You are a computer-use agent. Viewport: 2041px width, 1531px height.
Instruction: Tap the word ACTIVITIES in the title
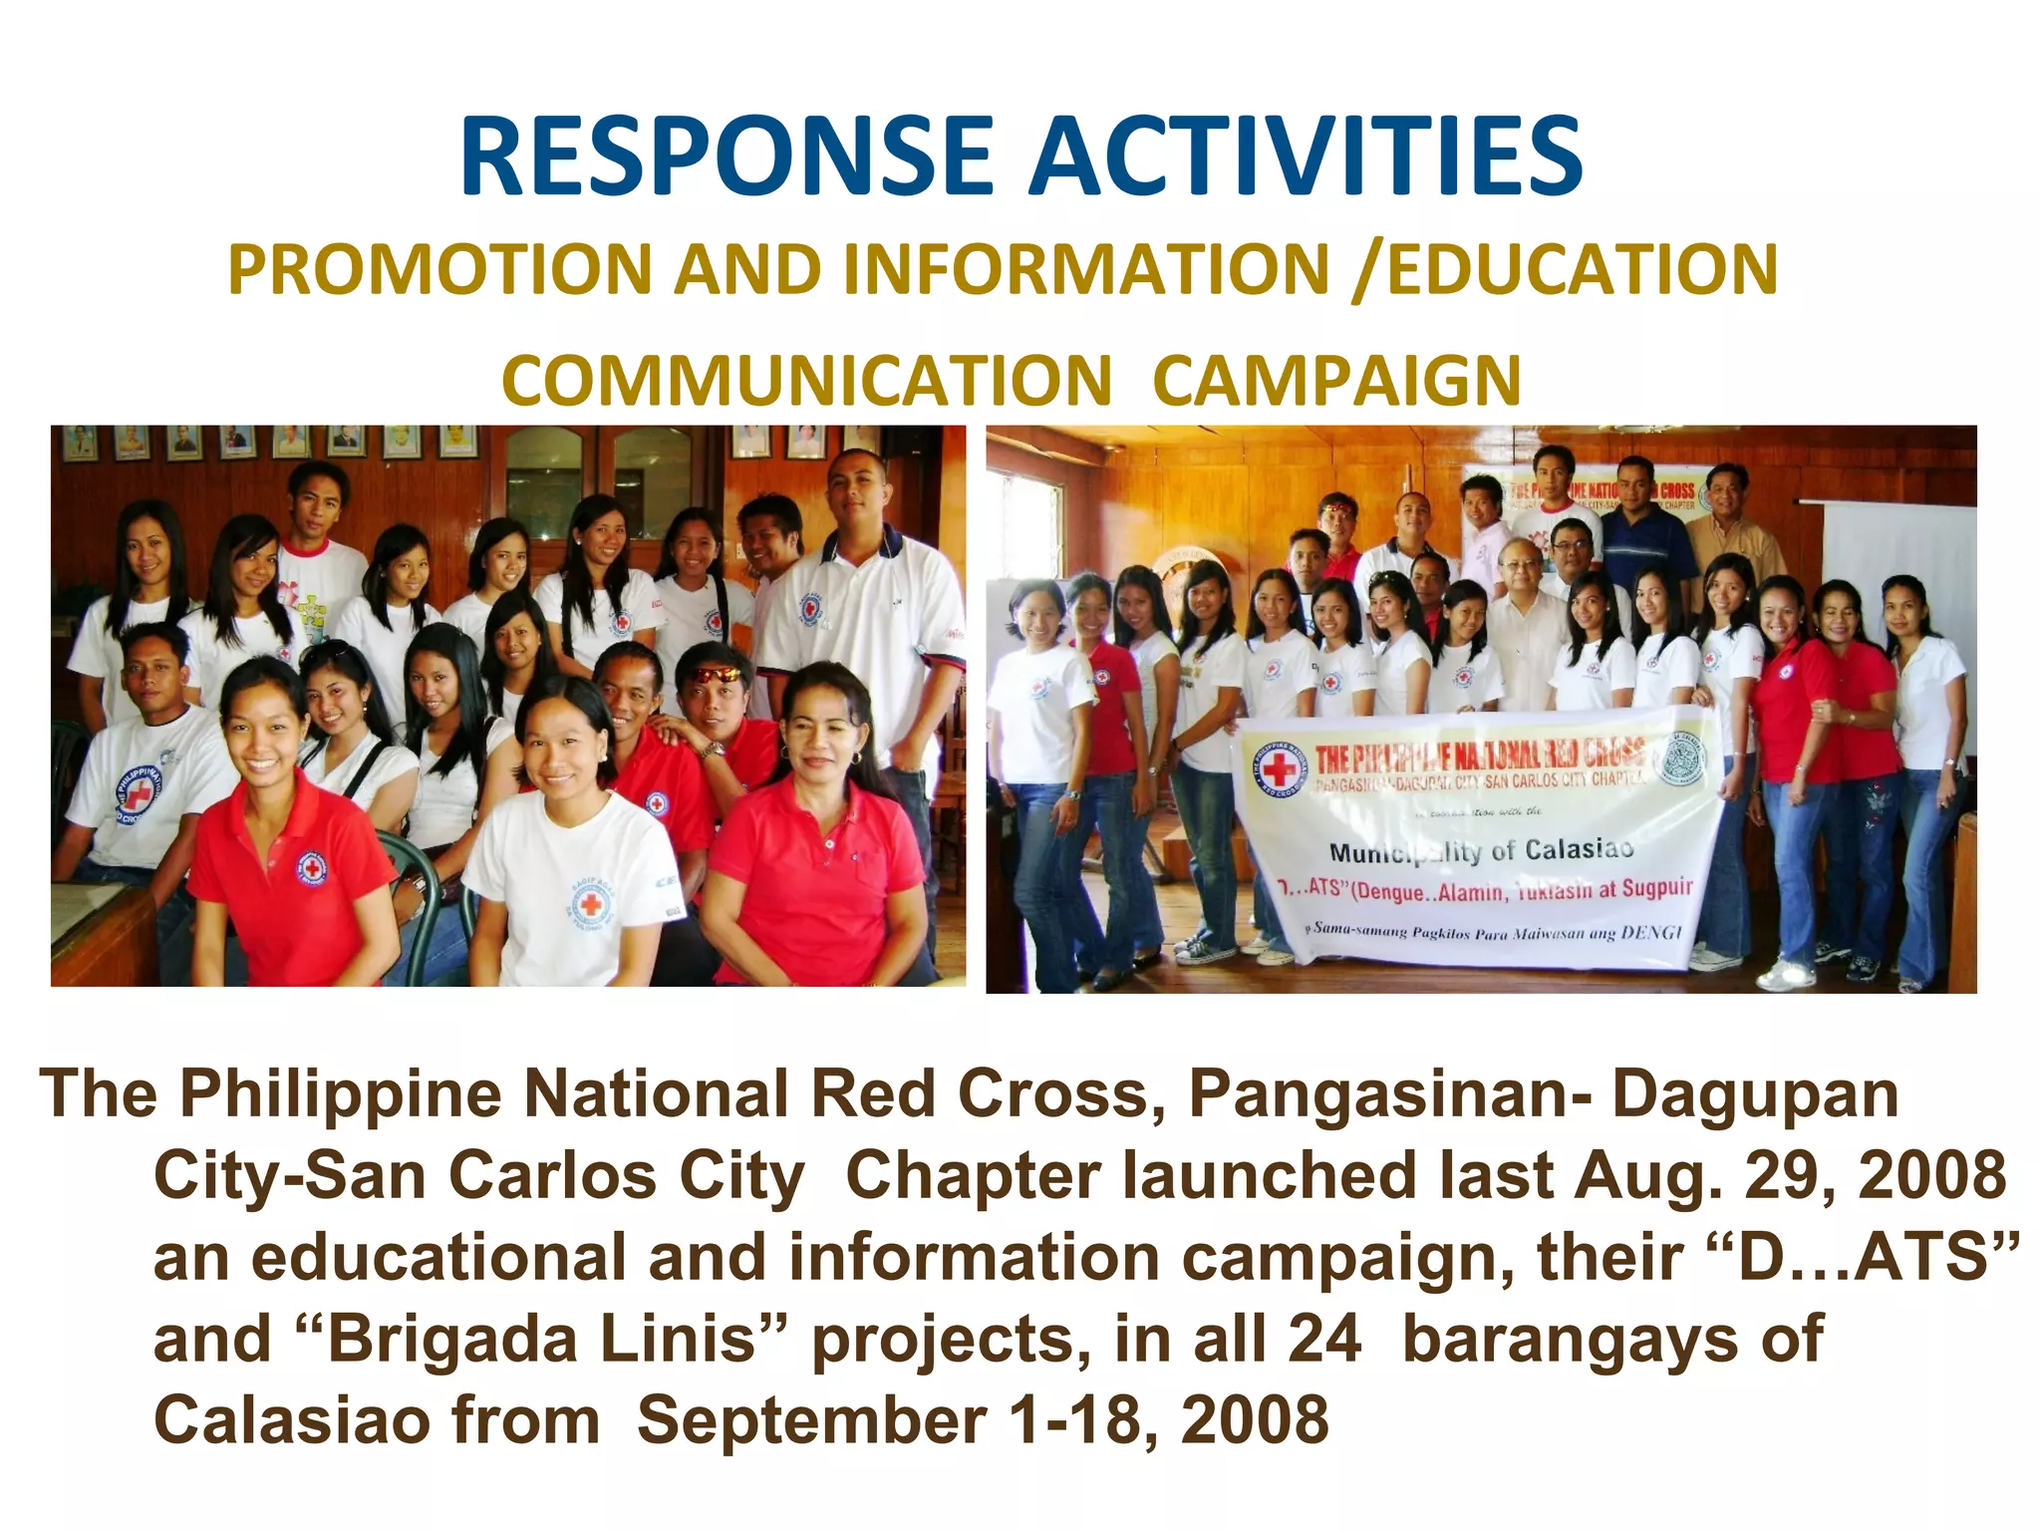pyautogui.click(x=1306, y=157)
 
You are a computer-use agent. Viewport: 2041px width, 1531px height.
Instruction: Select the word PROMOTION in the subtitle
pyautogui.click(x=439, y=270)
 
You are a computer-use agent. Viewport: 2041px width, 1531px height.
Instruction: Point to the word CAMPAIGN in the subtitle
pyautogui.click(x=1336, y=381)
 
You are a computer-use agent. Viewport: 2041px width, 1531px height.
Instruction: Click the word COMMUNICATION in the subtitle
pyautogui.click(x=806, y=381)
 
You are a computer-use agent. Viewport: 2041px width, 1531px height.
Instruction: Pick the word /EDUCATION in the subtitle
pyautogui.click(x=1565, y=270)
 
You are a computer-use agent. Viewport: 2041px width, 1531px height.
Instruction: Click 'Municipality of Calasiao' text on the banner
pyautogui.click(x=1481, y=850)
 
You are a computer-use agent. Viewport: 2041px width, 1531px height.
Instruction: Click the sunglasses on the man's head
pyautogui.click(x=717, y=675)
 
